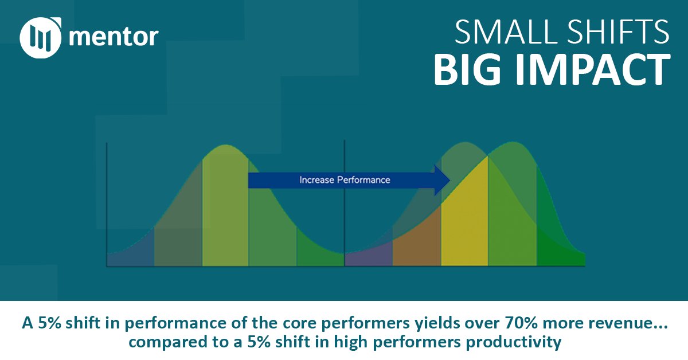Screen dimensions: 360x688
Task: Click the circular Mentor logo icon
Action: tap(40, 38)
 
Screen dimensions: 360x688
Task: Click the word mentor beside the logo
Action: tap(114, 38)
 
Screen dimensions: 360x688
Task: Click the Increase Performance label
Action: tap(345, 180)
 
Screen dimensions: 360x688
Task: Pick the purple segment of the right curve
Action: tap(369, 255)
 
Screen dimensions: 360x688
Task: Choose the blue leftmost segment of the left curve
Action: tap(131, 252)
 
